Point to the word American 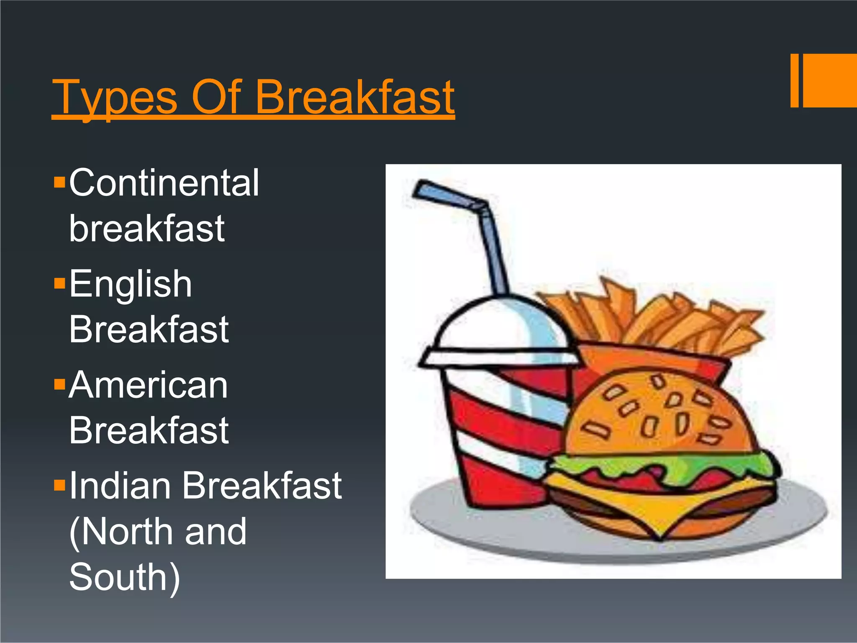pyautogui.click(x=149, y=385)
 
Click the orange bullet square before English pyautogui.click(x=60, y=283)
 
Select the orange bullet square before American pyautogui.click(x=60, y=384)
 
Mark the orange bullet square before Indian pyautogui.click(x=60, y=485)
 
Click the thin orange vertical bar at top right pyautogui.click(x=794, y=80)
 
